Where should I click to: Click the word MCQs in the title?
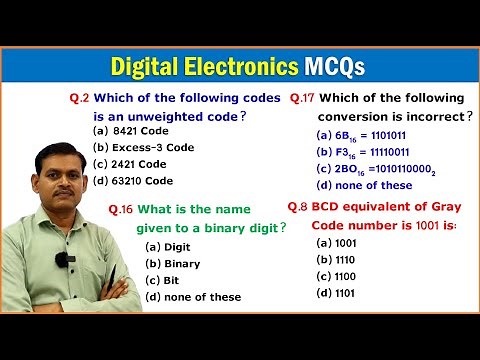[333, 67]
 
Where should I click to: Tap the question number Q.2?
[79, 99]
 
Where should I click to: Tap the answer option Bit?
[165, 280]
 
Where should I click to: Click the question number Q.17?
[303, 98]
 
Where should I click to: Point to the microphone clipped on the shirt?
[61, 260]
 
